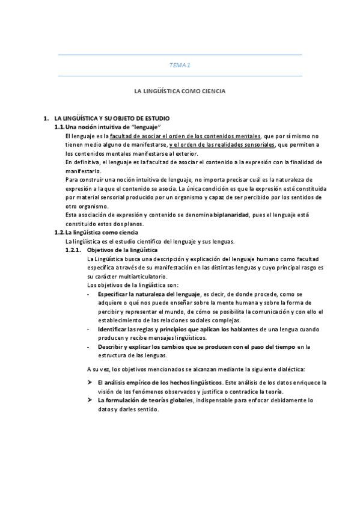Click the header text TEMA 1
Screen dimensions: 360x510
[x=180, y=65]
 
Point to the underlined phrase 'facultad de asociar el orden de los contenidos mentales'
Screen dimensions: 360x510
[x=185, y=137]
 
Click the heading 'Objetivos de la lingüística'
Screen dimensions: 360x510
[x=122, y=249]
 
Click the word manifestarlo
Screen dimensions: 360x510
[x=82, y=171]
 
